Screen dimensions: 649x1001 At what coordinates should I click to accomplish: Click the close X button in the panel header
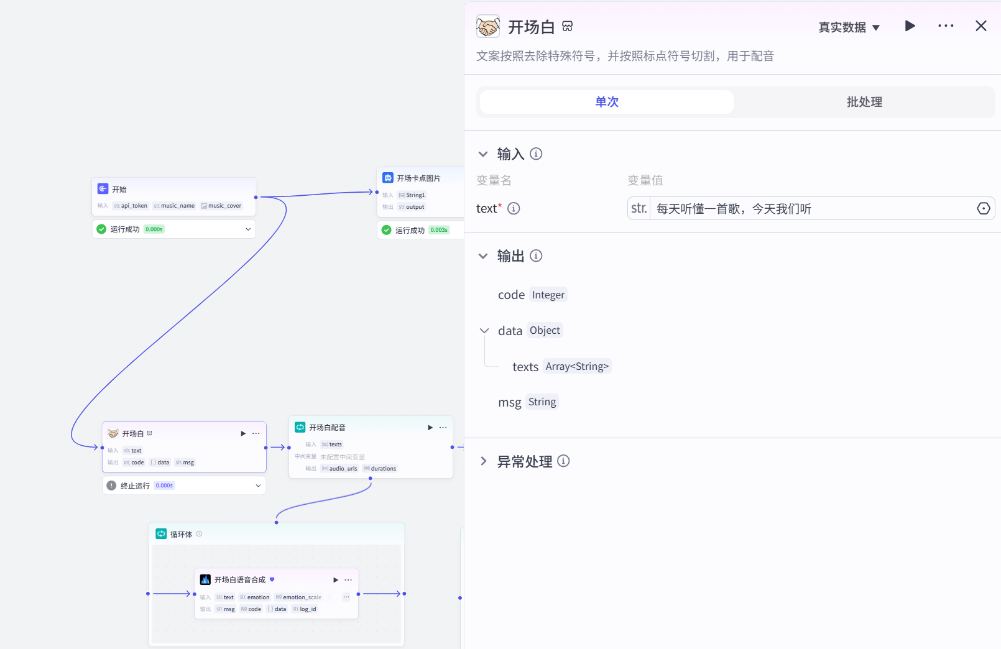click(980, 26)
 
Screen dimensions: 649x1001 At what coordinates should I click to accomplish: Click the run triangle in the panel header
click(910, 26)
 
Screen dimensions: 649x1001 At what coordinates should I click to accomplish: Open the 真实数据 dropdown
click(849, 27)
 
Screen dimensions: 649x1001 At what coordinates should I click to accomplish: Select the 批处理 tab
click(864, 102)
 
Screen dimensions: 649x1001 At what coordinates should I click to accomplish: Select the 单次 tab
click(607, 102)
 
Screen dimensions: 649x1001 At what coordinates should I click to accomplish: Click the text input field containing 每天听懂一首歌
click(808, 209)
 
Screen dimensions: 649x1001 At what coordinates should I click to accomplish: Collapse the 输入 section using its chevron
click(483, 154)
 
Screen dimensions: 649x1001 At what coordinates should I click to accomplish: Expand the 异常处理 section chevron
click(483, 461)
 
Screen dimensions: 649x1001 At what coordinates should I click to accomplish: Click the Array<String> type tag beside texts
click(576, 367)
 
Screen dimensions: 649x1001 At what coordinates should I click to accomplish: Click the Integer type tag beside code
click(548, 295)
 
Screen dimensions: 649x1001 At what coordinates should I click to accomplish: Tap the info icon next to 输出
click(536, 256)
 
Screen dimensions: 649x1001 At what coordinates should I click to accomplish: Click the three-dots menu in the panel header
click(946, 26)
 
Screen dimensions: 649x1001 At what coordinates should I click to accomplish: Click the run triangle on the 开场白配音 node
click(430, 428)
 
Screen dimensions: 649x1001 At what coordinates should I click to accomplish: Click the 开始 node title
click(119, 190)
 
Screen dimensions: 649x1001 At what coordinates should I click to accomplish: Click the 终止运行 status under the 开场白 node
click(135, 486)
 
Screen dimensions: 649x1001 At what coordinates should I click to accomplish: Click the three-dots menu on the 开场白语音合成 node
click(348, 580)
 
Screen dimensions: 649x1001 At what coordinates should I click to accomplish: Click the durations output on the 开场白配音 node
click(383, 469)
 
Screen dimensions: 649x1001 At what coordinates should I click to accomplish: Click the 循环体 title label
click(181, 535)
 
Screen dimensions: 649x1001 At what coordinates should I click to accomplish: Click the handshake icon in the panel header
click(488, 27)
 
